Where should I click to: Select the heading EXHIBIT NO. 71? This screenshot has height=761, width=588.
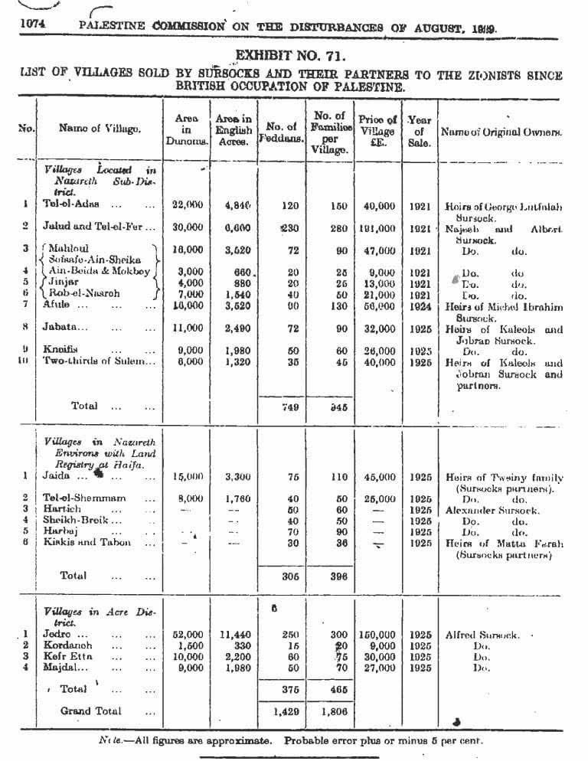coord(290,57)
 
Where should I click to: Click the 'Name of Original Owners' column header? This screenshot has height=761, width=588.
coord(501,132)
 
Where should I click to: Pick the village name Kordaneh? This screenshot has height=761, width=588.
coord(70,645)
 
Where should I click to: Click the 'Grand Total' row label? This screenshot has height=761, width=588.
coord(90,711)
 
